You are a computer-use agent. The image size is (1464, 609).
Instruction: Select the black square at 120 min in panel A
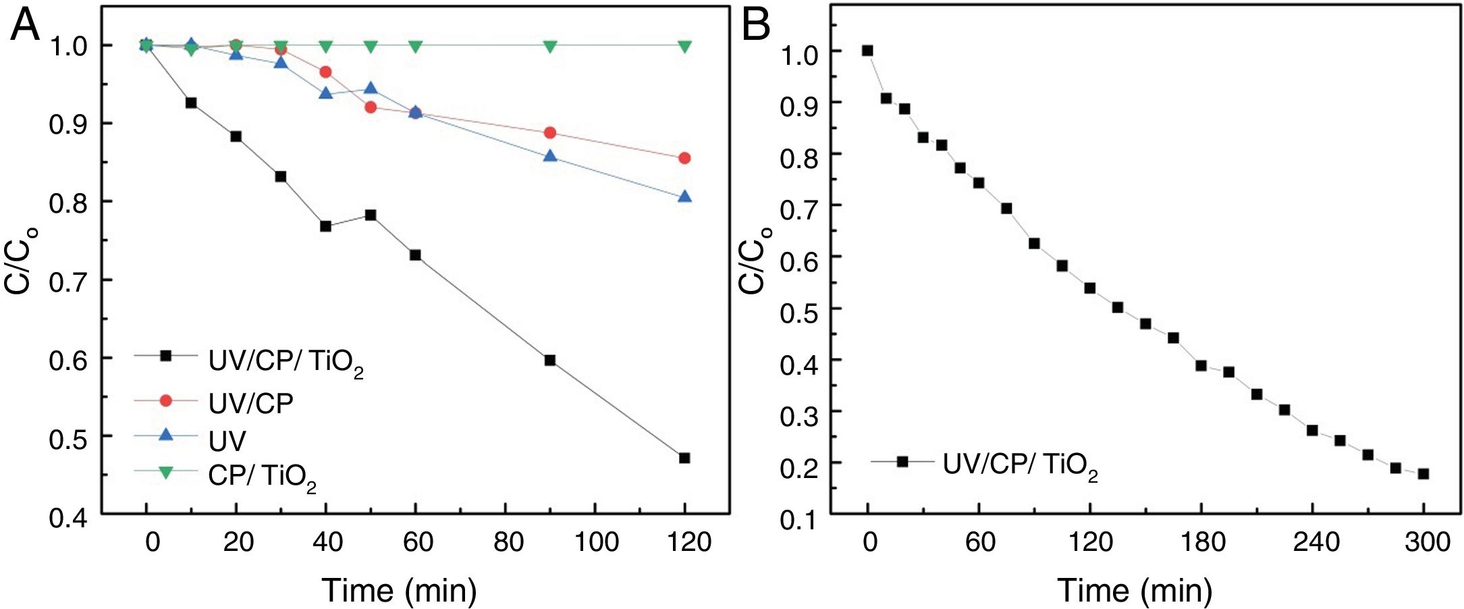(684, 458)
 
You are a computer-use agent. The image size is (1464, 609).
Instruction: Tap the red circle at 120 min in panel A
(684, 158)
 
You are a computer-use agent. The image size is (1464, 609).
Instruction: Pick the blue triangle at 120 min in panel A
(684, 196)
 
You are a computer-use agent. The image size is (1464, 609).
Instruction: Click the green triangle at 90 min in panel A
(550, 46)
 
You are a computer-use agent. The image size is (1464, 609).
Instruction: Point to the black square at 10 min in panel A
(191, 103)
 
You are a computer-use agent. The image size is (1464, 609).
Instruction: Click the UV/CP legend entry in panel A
(250, 403)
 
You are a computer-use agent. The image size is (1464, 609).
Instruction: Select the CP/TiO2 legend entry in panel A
(262, 477)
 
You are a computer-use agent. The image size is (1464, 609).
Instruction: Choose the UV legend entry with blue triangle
(227, 441)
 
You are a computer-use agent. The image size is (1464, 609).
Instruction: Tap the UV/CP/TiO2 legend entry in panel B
(1019, 465)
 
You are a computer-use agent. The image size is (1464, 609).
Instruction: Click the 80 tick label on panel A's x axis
(508, 541)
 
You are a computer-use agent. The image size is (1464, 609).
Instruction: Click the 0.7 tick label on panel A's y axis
(68, 281)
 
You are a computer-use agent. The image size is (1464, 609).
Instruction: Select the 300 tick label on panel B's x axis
(1428, 541)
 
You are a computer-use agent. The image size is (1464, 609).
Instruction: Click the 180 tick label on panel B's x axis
(1203, 541)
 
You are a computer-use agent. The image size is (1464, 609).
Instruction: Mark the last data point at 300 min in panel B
(1424, 474)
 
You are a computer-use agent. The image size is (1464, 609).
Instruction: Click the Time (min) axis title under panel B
(1135, 590)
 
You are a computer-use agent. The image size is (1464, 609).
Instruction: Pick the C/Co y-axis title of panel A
(19, 261)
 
